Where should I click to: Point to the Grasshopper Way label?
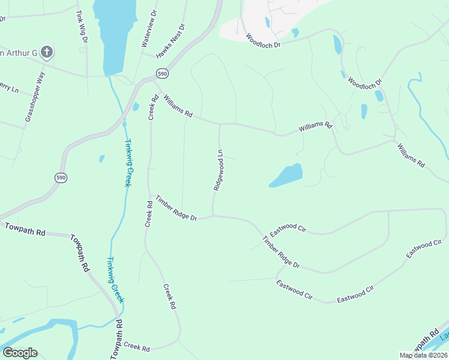pyautogui.click(x=35, y=97)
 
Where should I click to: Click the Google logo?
pyautogui.click(x=20, y=352)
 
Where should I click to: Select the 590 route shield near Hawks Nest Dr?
pyautogui.click(x=163, y=73)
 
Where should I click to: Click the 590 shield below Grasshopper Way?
pyautogui.click(x=61, y=178)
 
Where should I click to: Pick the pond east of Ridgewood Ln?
pyautogui.click(x=286, y=175)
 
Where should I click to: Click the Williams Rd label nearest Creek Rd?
pyautogui.click(x=177, y=105)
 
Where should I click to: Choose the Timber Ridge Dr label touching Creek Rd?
pyautogui.click(x=176, y=208)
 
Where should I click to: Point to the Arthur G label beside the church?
pyautogui.click(x=19, y=53)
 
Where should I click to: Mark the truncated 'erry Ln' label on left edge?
pyautogui.click(x=9, y=88)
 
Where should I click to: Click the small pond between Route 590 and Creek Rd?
pyautogui.click(x=136, y=107)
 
